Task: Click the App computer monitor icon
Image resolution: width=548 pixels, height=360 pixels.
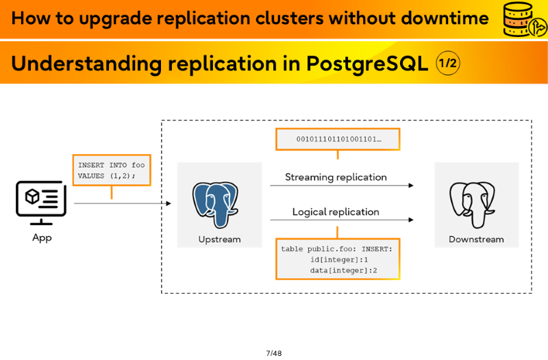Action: pos(41,203)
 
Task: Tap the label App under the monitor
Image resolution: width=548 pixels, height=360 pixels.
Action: pos(42,237)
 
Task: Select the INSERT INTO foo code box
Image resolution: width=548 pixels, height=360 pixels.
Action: pos(112,170)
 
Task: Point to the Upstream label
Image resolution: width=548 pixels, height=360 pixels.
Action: pos(219,240)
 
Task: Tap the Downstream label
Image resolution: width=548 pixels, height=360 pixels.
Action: pos(476,240)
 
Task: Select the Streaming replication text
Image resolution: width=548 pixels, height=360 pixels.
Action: pos(336,177)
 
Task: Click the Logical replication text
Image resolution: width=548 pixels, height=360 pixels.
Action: pos(336,212)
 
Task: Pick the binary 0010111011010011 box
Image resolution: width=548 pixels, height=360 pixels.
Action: pos(338,139)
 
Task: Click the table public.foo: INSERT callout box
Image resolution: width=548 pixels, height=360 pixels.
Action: pos(338,259)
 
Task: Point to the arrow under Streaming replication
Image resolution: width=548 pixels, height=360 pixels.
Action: pos(340,185)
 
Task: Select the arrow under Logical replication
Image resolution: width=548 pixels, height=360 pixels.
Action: pos(340,220)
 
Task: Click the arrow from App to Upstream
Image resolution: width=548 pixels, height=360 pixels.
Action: pos(122,203)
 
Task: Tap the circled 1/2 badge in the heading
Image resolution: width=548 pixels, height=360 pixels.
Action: pos(448,64)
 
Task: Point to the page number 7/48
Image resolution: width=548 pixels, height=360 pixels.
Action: pos(273,353)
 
